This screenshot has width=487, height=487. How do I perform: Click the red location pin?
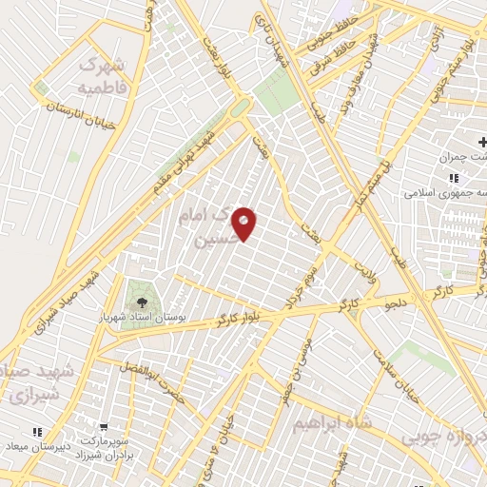[244, 223]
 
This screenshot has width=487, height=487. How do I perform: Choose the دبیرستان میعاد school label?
[37, 446]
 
